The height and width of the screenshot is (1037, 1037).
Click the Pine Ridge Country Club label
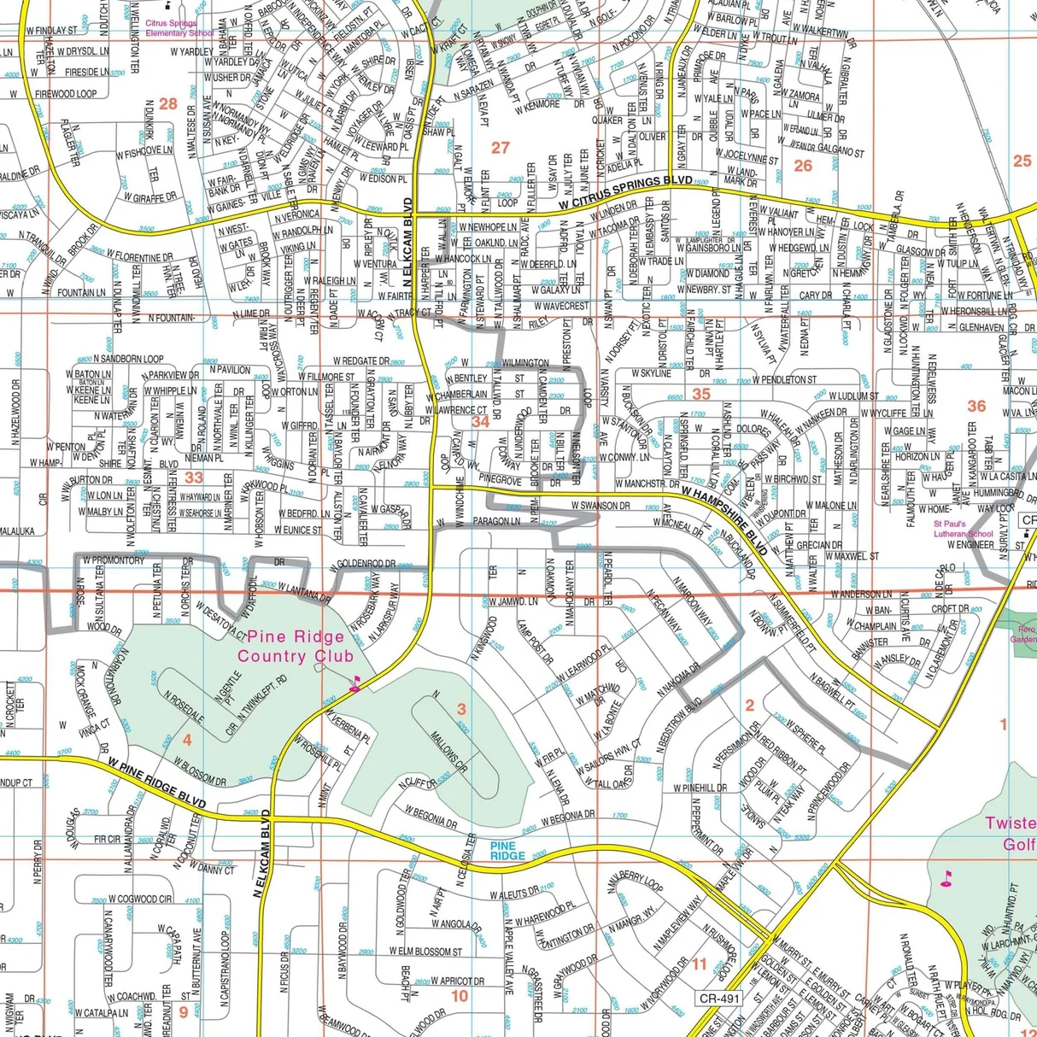pyautogui.click(x=295, y=647)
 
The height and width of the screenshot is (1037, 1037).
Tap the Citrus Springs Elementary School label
pyautogui.click(x=179, y=28)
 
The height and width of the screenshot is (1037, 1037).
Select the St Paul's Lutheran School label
pyautogui.click(x=963, y=529)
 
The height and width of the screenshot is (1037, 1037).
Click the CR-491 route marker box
pyautogui.click(x=719, y=998)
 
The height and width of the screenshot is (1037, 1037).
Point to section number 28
pyautogui.click(x=167, y=104)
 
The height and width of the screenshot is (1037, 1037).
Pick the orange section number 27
pyautogui.click(x=500, y=148)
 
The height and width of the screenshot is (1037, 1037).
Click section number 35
pyautogui.click(x=701, y=394)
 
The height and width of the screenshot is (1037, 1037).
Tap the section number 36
pyautogui.click(x=976, y=406)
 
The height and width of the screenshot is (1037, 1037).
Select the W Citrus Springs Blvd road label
pyautogui.click(x=625, y=194)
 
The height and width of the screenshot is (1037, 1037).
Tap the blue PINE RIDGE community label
pyautogui.click(x=507, y=850)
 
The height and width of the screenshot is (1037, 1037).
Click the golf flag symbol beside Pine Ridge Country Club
pyautogui.click(x=355, y=683)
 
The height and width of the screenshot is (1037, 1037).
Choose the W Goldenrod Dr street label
pyautogui.click(x=360, y=565)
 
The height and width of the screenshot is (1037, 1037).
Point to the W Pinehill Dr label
pyautogui.click(x=700, y=788)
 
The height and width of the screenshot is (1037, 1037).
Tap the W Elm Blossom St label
pyautogui.click(x=425, y=951)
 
